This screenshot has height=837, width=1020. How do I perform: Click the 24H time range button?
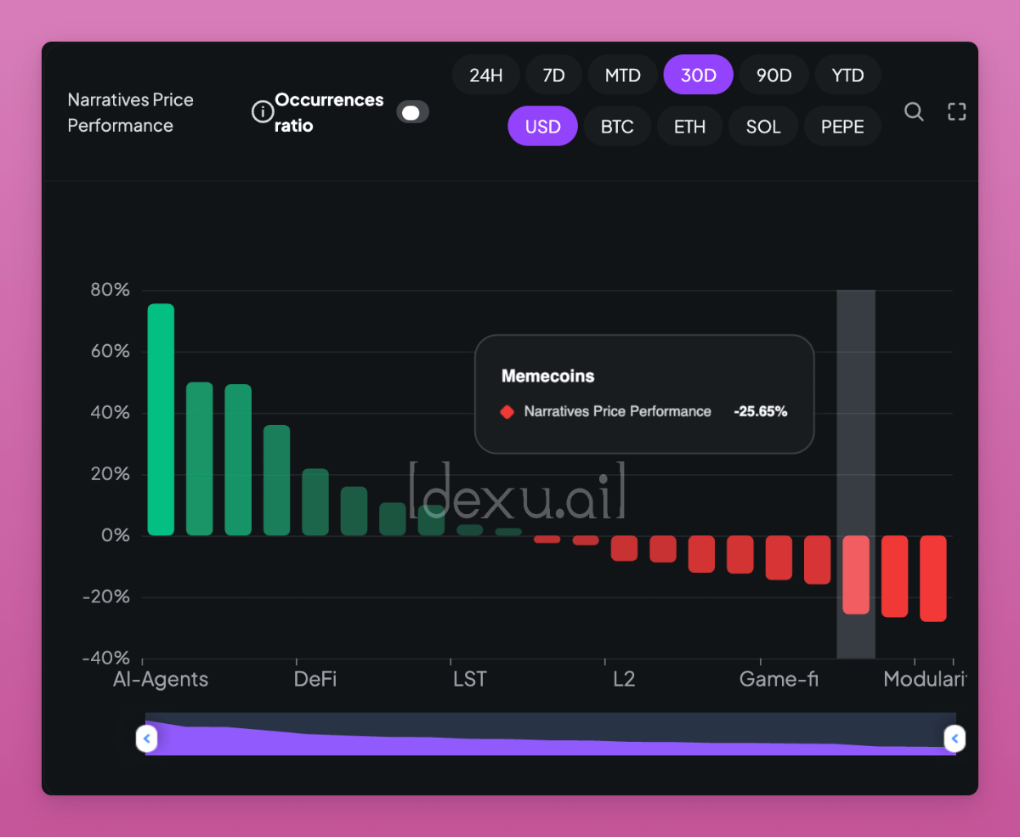[x=486, y=75]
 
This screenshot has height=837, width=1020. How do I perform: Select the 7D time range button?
[x=553, y=75]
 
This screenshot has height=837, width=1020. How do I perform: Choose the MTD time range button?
[x=622, y=75]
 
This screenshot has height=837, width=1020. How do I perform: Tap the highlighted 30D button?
[x=699, y=75]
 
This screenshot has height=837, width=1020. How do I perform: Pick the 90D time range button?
[x=773, y=75]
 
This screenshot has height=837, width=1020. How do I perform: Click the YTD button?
[x=847, y=75]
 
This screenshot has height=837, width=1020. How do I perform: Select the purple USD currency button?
[x=542, y=127]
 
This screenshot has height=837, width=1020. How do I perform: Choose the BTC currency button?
[x=617, y=127]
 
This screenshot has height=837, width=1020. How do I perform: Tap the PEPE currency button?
[x=842, y=127]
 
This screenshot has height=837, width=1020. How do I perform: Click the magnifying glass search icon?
[x=914, y=111]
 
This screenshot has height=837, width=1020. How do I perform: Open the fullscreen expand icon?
[x=957, y=111]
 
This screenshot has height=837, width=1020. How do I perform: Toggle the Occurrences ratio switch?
[x=412, y=112]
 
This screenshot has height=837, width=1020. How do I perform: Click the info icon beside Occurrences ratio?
[x=263, y=111]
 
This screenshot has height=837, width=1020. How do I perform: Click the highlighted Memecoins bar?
[x=856, y=574]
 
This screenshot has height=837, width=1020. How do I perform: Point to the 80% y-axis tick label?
[x=110, y=290]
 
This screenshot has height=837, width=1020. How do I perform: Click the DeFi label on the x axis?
[x=315, y=679]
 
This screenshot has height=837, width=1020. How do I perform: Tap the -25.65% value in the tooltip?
[x=761, y=411]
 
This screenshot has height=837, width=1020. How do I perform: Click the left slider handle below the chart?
[x=147, y=738]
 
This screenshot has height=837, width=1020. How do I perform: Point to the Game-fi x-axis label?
[x=779, y=679]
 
